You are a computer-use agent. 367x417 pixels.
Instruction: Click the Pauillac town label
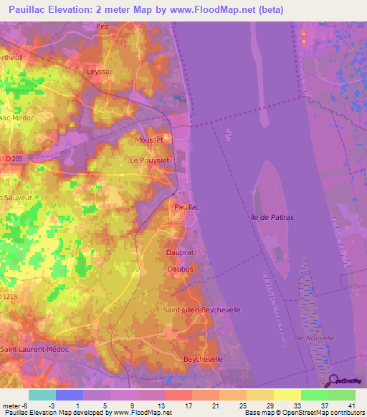click(x=188, y=206)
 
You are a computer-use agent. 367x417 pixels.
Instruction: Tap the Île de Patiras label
click(x=274, y=216)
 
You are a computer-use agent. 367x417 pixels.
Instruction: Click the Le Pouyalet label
click(x=148, y=160)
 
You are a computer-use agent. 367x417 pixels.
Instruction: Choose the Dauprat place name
click(x=181, y=253)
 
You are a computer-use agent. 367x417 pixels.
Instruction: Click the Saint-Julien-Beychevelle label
click(x=201, y=310)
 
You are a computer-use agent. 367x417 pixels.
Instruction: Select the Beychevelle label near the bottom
click(x=204, y=359)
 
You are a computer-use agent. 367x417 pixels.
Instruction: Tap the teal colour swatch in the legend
click(x=42, y=395)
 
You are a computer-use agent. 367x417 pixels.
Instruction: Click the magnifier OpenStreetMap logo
click(x=334, y=381)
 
